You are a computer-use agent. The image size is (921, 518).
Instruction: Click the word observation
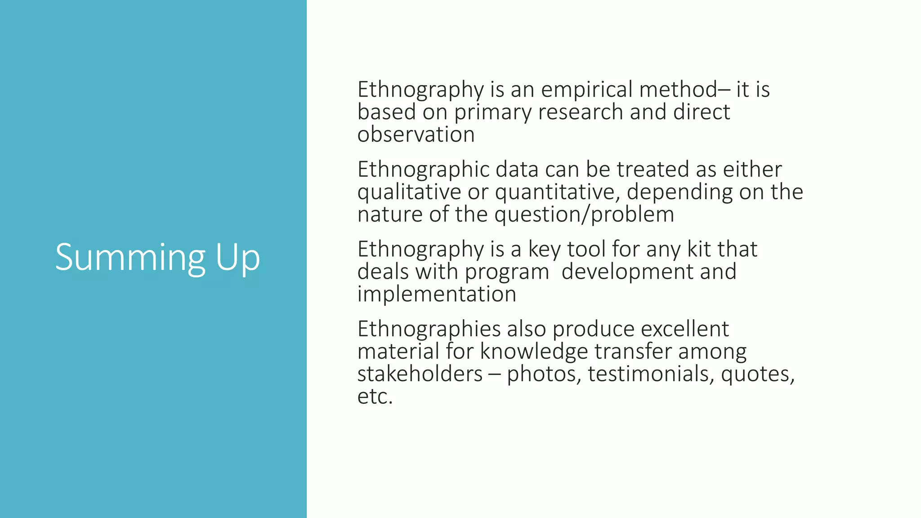click(416, 134)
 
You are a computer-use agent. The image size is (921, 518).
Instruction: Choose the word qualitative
click(409, 192)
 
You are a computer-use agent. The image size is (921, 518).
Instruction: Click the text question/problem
click(584, 214)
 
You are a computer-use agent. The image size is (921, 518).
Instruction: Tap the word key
click(544, 250)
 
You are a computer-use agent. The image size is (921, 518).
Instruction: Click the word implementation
click(437, 295)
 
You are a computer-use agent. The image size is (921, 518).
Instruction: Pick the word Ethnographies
click(429, 330)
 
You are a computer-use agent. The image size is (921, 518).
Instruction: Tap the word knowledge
click(534, 352)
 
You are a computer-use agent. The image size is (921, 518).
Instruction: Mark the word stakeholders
click(420, 374)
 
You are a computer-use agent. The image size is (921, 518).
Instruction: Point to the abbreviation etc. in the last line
click(375, 397)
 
